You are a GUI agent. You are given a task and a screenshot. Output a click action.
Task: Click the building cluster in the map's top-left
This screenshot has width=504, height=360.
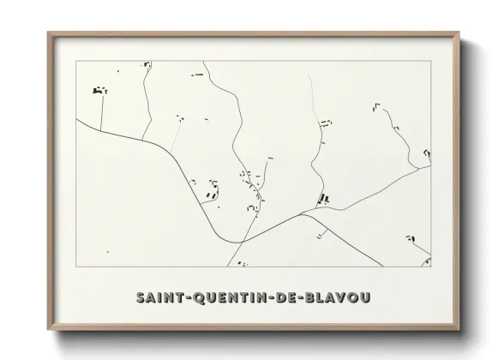(x=99, y=89)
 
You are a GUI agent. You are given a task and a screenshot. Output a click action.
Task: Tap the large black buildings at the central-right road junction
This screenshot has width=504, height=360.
(x=325, y=199)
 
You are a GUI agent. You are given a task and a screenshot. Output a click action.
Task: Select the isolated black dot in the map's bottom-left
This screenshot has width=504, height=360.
(x=108, y=253)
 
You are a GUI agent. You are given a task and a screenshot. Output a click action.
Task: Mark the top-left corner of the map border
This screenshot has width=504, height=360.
(x=75, y=61)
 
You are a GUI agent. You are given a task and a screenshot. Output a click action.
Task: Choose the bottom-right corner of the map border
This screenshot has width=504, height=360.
(x=431, y=267)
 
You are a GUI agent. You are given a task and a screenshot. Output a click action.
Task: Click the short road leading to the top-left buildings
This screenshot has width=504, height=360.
(x=101, y=111)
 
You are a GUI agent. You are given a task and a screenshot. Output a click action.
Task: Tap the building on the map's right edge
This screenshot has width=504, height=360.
(x=426, y=153)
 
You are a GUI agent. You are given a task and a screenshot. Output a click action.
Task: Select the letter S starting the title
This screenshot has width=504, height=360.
(x=141, y=297)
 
